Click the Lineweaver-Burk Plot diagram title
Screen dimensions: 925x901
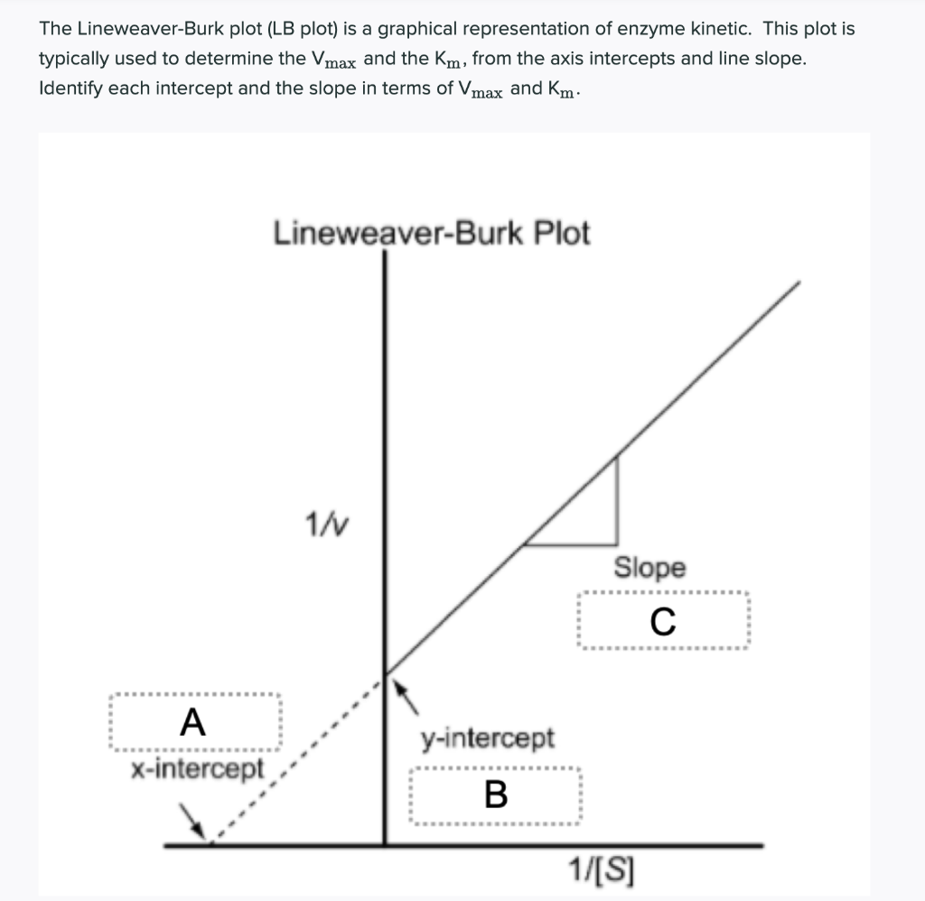click(431, 233)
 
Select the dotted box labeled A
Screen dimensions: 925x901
click(194, 722)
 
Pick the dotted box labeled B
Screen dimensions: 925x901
click(496, 795)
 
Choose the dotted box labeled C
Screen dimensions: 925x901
click(662, 622)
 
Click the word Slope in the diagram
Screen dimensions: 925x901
click(649, 568)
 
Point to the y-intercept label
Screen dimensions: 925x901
click(488, 738)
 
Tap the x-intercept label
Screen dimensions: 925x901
click(197, 769)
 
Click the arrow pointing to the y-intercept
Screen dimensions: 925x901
click(408, 697)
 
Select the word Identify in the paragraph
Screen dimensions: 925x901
click(70, 89)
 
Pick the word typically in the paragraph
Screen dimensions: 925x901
click(75, 59)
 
